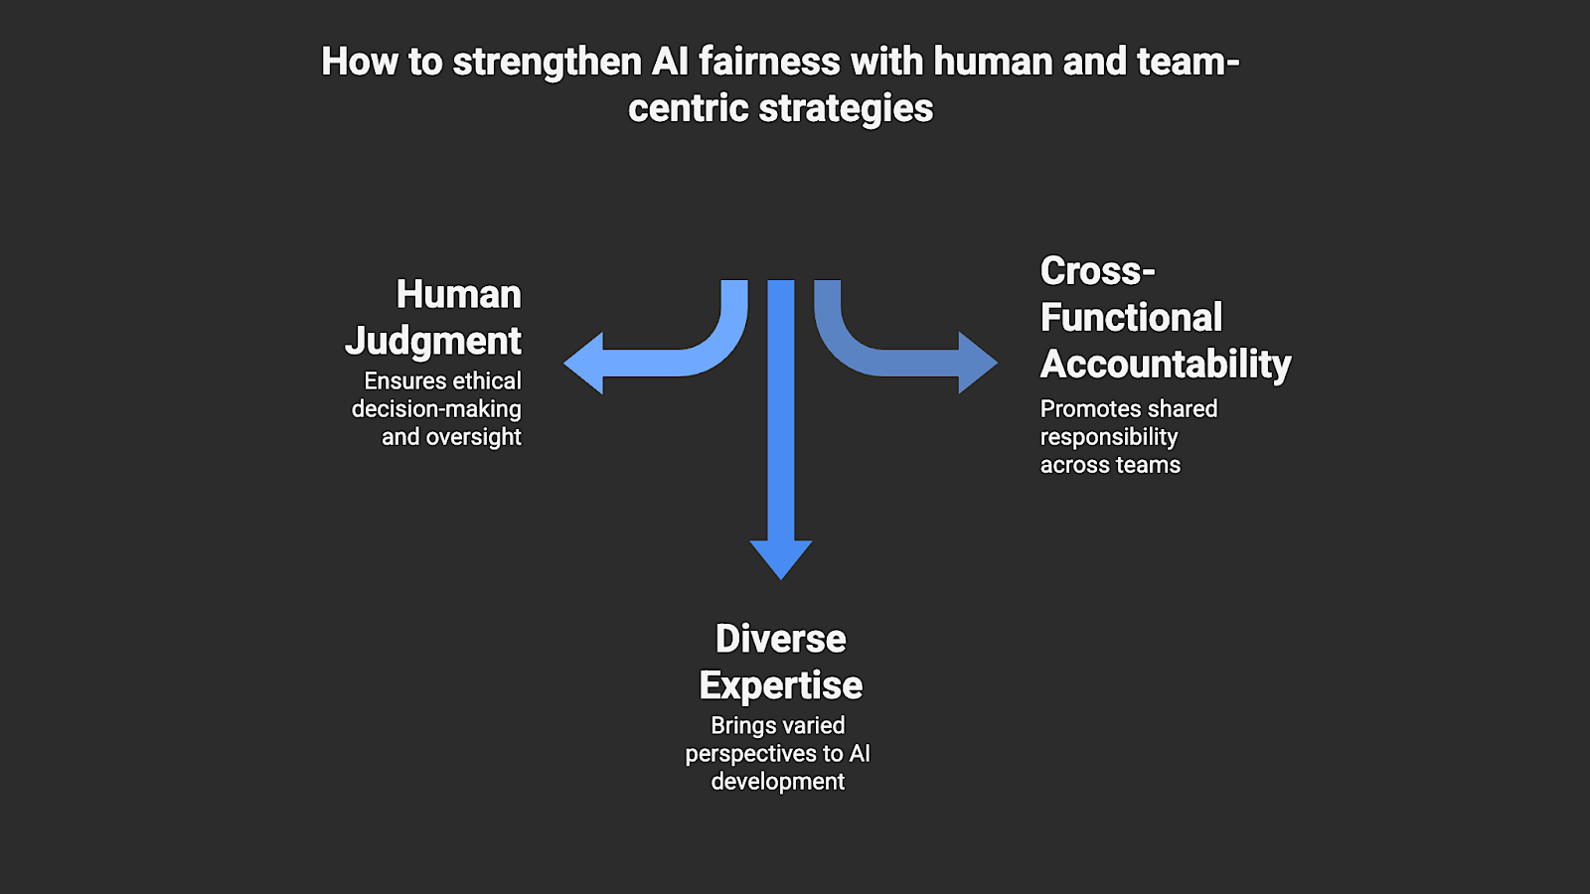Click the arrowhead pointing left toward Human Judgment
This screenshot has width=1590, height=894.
coord(585,363)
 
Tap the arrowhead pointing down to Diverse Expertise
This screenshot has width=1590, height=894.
coord(781,558)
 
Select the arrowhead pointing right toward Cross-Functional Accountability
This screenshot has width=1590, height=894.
coord(976,363)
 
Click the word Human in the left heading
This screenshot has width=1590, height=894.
coord(458,294)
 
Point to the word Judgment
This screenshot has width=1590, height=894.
coord(433,341)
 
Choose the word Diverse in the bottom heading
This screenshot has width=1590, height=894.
coord(781,639)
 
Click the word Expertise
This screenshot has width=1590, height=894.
coord(781,685)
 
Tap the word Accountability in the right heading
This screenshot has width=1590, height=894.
coord(1166,364)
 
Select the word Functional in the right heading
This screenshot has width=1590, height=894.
coord(1131,317)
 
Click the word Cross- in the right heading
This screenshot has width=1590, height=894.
coord(1097,270)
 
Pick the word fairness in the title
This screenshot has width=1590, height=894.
coord(769,62)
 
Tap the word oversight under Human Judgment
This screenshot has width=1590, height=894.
coord(473,437)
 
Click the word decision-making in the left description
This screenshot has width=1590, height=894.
coord(436,409)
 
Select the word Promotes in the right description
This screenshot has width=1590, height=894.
coord(1084,409)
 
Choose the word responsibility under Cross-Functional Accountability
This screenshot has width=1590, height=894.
coord(1109,437)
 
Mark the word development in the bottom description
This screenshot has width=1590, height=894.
coord(778,782)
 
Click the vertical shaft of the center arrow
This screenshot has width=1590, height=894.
coord(781,417)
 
